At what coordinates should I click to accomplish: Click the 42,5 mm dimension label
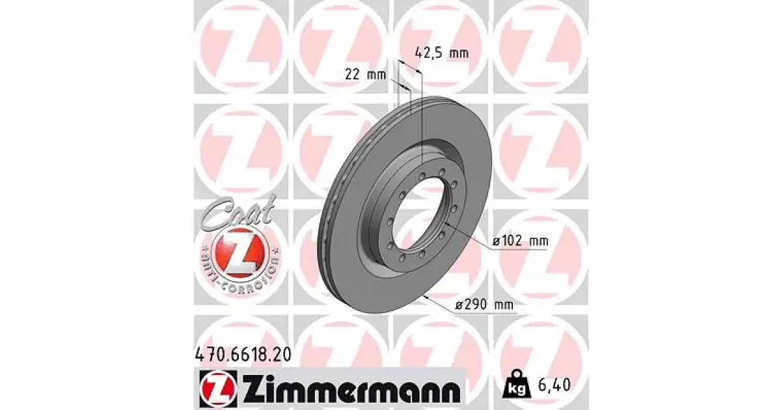(442, 53)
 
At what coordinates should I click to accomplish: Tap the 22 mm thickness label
(365, 75)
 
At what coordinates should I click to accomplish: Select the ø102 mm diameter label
(521, 241)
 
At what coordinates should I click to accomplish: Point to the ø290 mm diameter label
(485, 305)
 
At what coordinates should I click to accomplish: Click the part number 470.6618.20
(242, 355)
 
